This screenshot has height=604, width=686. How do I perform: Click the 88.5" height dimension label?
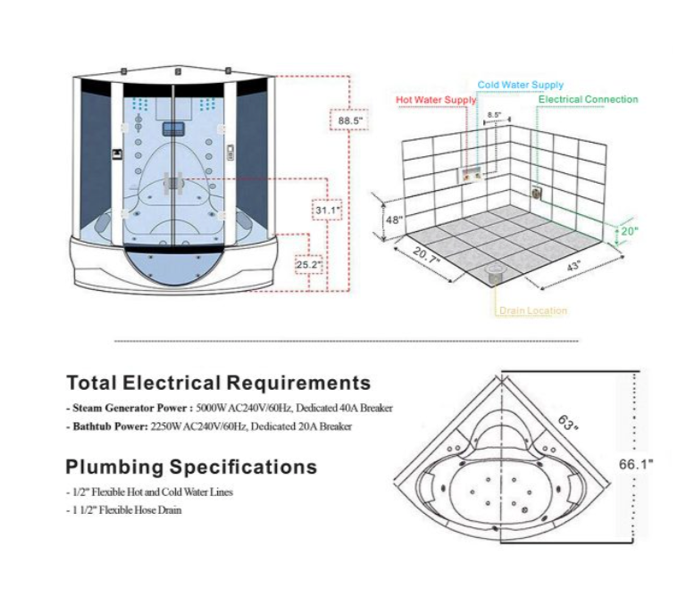350,120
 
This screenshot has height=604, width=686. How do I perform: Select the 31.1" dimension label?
328,211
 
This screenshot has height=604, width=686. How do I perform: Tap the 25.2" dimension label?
309,264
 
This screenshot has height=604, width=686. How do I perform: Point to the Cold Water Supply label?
520,85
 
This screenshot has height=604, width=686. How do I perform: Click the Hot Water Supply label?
436,100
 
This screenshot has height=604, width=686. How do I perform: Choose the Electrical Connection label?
588,99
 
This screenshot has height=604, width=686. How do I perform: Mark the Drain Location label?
533,310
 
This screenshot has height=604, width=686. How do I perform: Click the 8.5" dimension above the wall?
494,115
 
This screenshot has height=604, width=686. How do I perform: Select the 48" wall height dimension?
393,219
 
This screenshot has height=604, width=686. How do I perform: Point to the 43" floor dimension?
573,265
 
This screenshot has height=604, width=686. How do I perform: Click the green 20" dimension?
629,231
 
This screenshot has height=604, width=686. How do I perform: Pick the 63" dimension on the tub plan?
567,422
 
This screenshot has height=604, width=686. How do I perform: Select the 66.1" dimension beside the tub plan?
636,464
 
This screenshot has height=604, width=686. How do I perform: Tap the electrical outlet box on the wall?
537,193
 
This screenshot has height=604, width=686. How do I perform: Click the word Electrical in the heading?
171,383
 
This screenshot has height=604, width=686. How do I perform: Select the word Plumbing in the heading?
114,467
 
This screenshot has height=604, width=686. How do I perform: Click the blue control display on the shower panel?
173,129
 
